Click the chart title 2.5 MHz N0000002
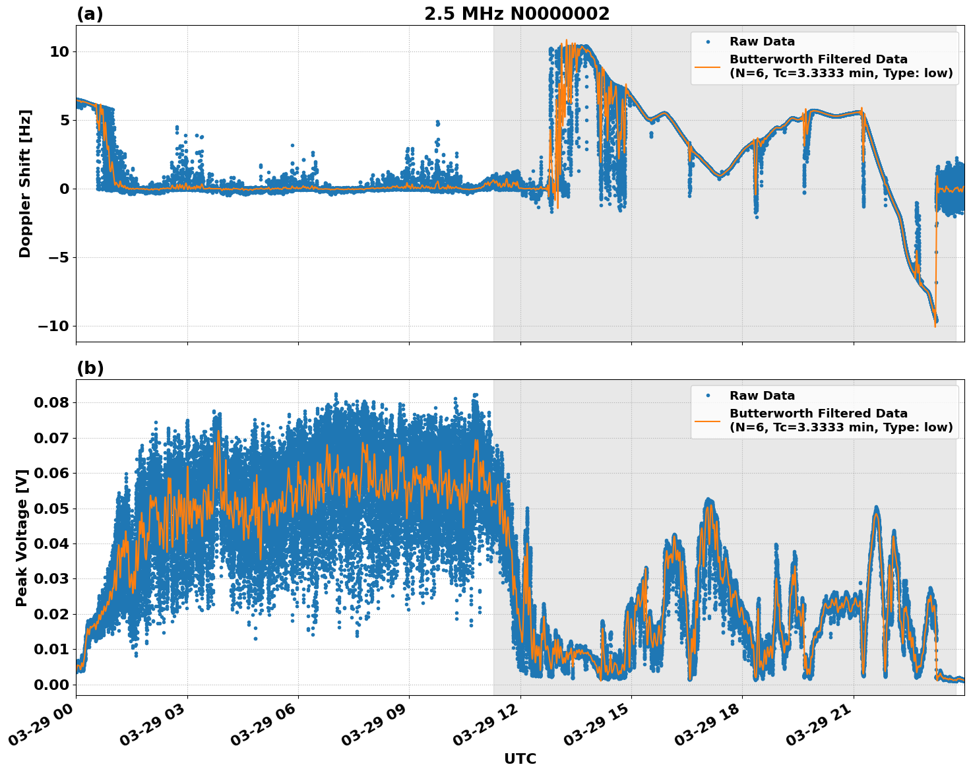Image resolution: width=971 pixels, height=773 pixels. click(x=517, y=14)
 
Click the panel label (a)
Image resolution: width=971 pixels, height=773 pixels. click(x=90, y=14)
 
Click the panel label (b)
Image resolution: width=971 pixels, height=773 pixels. click(x=90, y=368)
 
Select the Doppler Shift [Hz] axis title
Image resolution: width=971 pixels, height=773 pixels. click(x=25, y=183)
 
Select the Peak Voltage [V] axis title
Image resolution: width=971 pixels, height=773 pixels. click(x=22, y=538)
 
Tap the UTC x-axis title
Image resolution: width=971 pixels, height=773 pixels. click(x=520, y=758)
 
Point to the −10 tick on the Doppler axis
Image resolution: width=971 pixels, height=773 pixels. click(x=53, y=326)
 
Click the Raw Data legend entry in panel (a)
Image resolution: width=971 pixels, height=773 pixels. click(x=762, y=42)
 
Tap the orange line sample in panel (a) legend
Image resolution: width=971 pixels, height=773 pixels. click(x=708, y=66)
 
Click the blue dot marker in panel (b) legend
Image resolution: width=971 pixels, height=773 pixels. click(x=708, y=396)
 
